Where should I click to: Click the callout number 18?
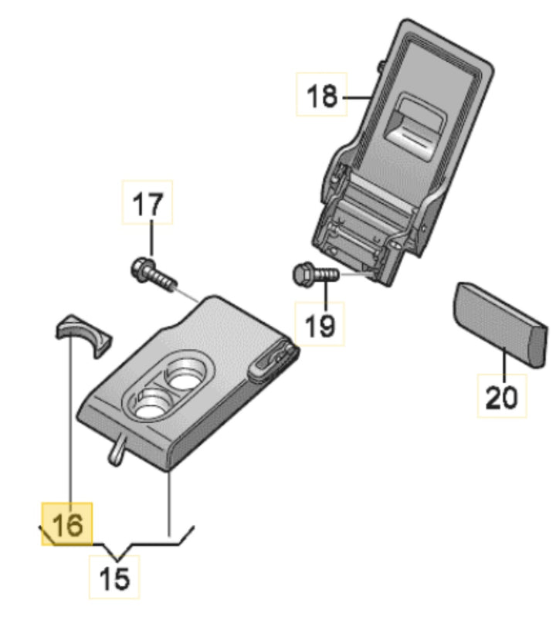[323, 97]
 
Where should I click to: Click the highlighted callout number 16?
[66, 524]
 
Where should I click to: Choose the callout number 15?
[117, 577]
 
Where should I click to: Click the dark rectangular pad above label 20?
[499, 322]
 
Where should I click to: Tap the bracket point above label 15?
[117, 554]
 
